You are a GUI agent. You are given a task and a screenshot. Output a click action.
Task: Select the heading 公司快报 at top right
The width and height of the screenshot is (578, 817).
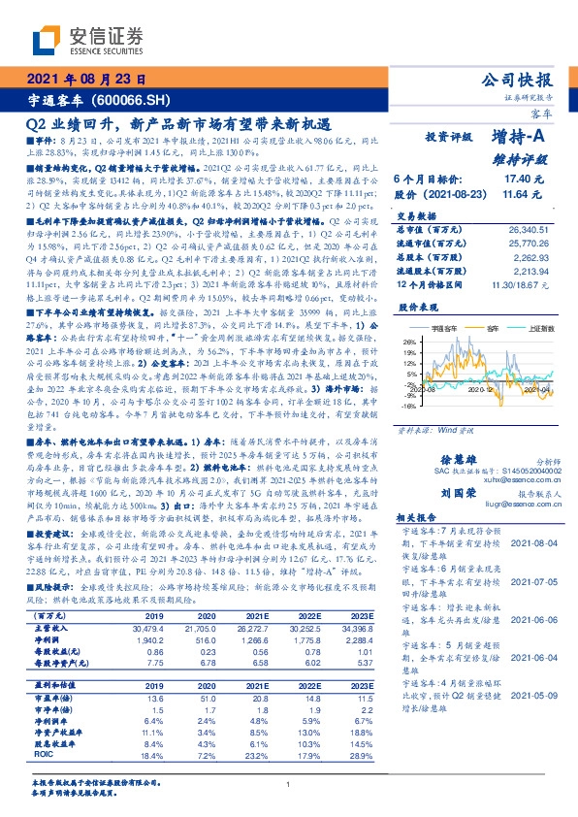(x=521, y=80)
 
